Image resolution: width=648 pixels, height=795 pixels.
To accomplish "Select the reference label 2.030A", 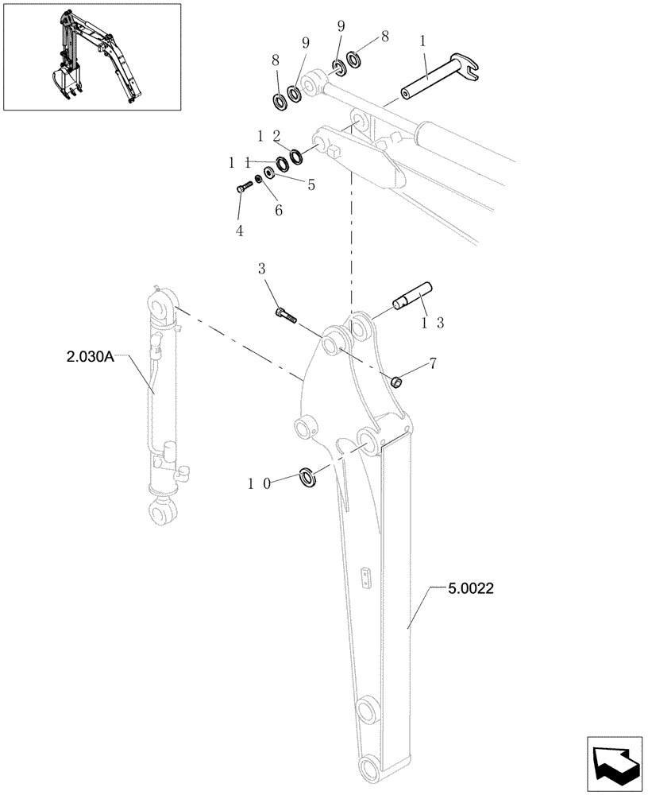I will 91,358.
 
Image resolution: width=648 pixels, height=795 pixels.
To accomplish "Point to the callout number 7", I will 432,363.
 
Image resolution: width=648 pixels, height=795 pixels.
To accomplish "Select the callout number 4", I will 239,231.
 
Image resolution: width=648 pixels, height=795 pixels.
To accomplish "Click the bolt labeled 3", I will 286,316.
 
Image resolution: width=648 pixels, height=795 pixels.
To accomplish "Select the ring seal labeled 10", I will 307,478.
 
